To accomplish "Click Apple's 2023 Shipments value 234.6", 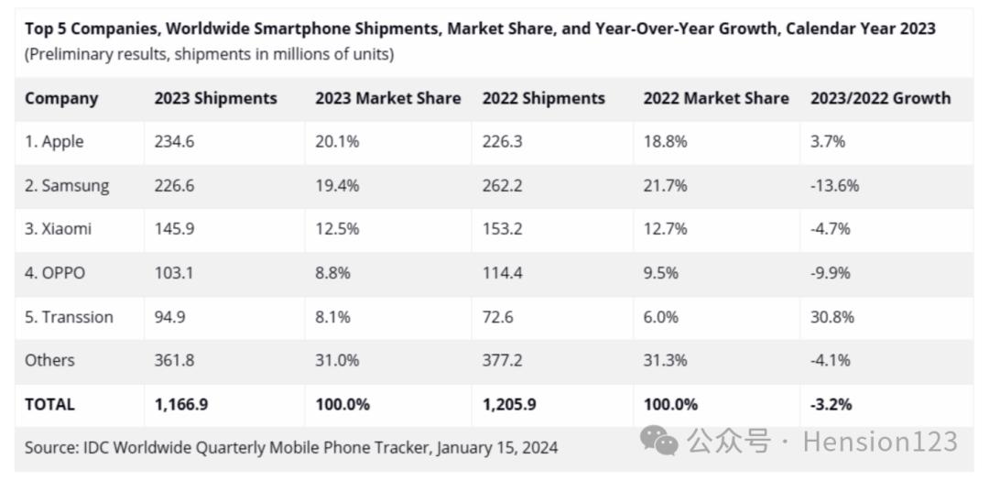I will [x=174, y=142].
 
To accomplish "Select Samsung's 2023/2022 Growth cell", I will [x=834, y=186].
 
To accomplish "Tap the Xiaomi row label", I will [x=59, y=229].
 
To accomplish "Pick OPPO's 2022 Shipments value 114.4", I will [x=503, y=273].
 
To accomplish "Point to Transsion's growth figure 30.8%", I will [x=831, y=317].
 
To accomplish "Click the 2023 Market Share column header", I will [x=388, y=98].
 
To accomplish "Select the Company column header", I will [x=61, y=98].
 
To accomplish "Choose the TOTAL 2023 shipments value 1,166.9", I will [x=181, y=404].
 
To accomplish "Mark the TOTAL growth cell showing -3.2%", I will [x=831, y=404].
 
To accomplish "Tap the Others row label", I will [x=49, y=360].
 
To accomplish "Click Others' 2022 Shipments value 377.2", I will [x=503, y=360].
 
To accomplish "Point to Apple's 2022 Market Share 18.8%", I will [x=665, y=142].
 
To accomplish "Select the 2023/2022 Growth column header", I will [x=880, y=98].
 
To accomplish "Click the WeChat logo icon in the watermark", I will [x=659, y=441].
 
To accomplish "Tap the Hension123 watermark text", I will [x=880, y=442].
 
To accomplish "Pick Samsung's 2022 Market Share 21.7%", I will [x=665, y=186].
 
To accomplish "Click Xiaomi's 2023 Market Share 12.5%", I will [x=337, y=229].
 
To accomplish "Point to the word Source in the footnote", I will [x=50, y=448].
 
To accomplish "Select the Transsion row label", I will [x=69, y=317].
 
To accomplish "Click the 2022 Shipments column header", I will [x=543, y=98].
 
